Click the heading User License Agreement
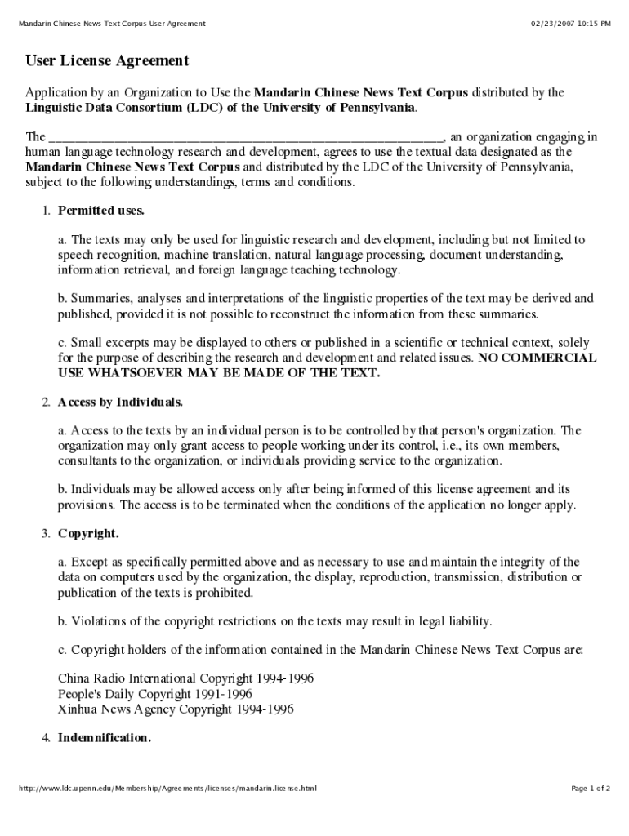click(107, 61)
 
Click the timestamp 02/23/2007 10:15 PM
click(570, 24)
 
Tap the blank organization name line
click(246, 137)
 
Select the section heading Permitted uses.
click(101, 211)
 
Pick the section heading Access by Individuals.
click(120, 402)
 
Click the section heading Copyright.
click(88, 534)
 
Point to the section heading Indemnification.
click(105, 738)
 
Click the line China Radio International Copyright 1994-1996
click(186, 678)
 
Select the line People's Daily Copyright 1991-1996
click(155, 694)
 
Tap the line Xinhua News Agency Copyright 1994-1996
click(176, 709)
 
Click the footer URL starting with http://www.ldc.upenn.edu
click(167, 789)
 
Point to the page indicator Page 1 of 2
click(590, 789)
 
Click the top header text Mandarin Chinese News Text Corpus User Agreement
click(112, 24)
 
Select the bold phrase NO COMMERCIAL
click(537, 358)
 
